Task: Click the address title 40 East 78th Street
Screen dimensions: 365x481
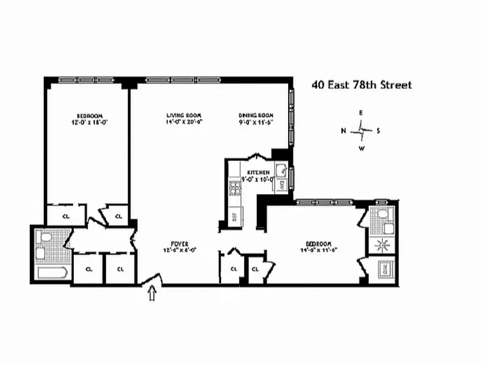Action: pos(362,85)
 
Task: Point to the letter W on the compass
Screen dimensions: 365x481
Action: pos(361,148)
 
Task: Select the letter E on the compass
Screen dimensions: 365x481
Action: pos(361,112)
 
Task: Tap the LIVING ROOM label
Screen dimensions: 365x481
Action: pos(184,115)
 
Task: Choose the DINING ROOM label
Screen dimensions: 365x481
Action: pos(256,115)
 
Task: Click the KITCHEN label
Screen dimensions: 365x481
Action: pos(258,172)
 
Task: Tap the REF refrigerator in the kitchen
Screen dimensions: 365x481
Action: pos(235,216)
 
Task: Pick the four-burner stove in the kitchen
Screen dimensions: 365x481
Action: pos(235,187)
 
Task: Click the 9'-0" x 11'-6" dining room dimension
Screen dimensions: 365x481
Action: pos(256,122)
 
